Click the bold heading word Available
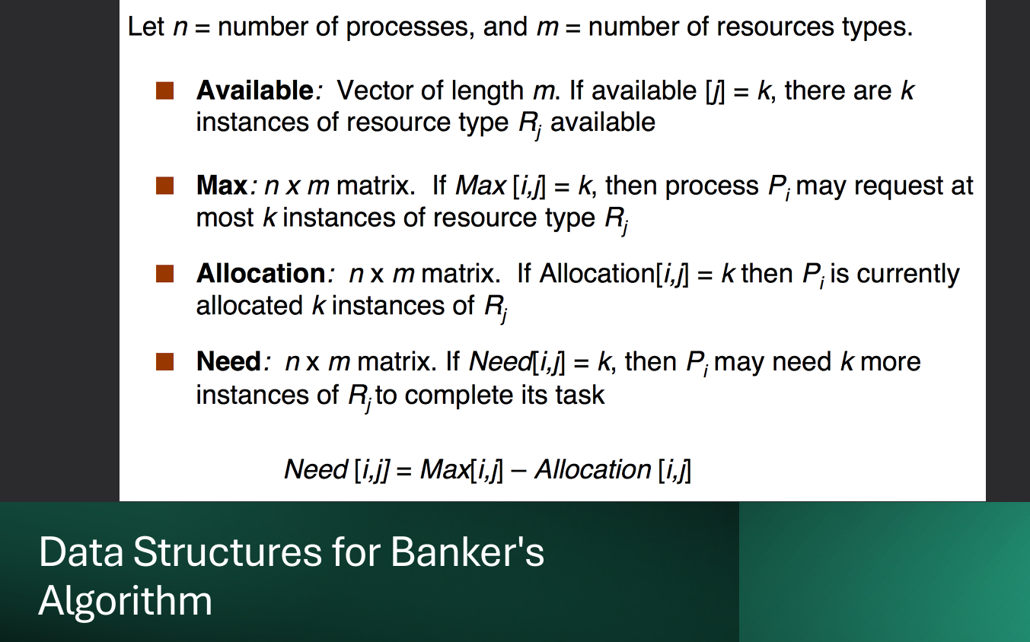pos(254,91)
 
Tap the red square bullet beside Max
pos(165,186)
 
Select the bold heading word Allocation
pos(261,274)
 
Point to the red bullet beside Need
pos(165,361)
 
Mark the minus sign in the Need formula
pos(518,470)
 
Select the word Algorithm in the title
pos(126,601)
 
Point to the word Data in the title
pos(81,552)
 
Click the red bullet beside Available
pos(165,91)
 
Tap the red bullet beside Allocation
pos(165,274)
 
